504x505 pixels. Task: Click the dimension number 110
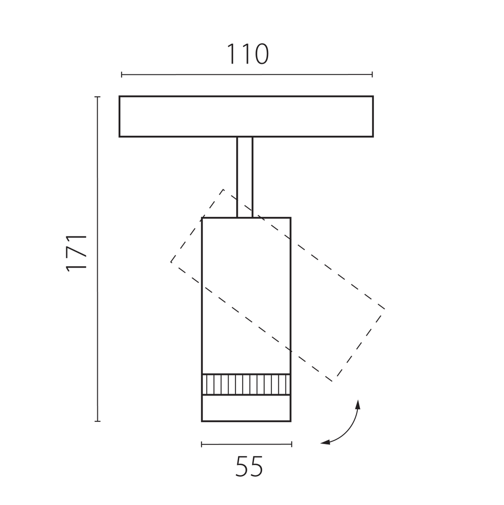(x=247, y=54)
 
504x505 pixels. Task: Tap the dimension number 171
(x=77, y=254)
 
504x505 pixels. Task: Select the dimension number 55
(x=249, y=466)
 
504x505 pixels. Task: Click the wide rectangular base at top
(x=246, y=116)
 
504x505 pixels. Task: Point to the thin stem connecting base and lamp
(x=245, y=177)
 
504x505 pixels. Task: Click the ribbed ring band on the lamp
(x=246, y=384)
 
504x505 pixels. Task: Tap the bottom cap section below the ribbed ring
(x=246, y=408)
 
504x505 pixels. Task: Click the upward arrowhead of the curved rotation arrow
(x=358, y=405)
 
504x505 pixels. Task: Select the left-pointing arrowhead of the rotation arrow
(x=325, y=443)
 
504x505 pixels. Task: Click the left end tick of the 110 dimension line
(x=121, y=75)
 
